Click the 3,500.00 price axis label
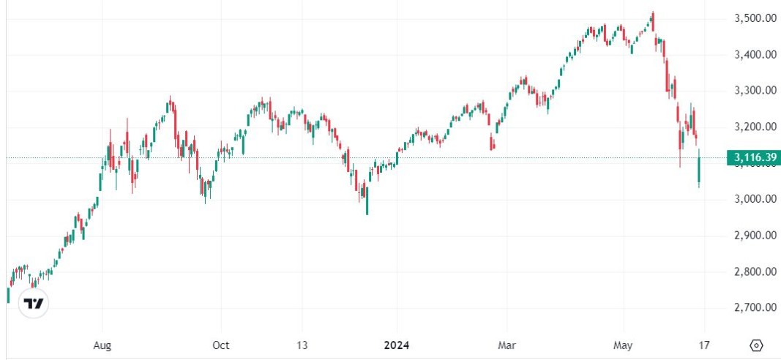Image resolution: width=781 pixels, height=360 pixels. point(755,18)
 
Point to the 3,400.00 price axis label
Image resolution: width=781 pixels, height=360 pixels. point(755,55)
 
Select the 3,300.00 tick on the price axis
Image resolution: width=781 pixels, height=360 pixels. point(755,91)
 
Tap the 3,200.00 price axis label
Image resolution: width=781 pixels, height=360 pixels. point(755,127)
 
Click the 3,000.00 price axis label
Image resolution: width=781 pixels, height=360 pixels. point(755,200)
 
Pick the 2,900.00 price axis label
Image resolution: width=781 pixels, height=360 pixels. point(755,236)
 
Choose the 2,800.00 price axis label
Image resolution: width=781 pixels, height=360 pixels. point(755,272)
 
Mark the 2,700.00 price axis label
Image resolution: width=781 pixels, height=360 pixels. point(755,308)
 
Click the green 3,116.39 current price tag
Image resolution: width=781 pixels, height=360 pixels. point(752,157)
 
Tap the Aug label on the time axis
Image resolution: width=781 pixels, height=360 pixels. point(103,345)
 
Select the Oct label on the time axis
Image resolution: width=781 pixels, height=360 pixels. point(221,345)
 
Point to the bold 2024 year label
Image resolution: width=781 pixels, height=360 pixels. point(397,345)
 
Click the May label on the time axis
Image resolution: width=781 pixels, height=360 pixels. point(623,345)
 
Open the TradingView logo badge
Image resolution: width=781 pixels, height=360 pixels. point(34,303)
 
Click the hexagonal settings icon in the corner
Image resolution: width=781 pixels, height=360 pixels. point(757,345)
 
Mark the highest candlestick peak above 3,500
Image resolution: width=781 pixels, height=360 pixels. point(652,13)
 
